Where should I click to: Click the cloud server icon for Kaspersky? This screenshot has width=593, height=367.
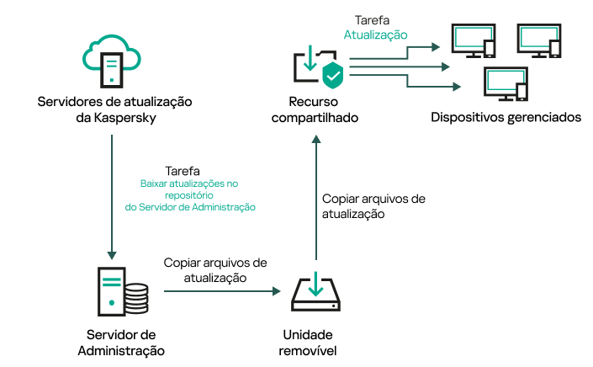[114, 59]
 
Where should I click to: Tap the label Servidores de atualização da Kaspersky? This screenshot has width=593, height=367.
[114, 109]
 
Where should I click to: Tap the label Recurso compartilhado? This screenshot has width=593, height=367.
[312, 109]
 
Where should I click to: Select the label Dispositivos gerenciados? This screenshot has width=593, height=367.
[506, 117]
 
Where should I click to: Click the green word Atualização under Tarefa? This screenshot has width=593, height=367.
[376, 35]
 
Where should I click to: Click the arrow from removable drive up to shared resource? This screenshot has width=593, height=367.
[316, 202]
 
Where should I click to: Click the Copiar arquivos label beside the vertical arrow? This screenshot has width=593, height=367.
[373, 206]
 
